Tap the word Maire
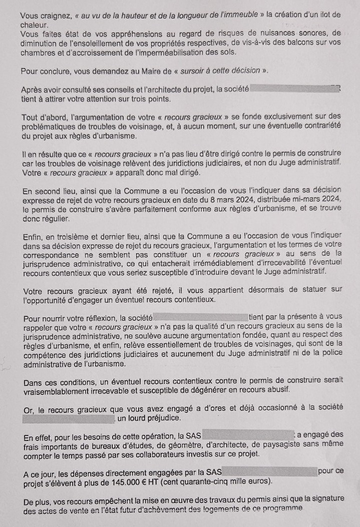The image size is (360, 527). click(x=154, y=71)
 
